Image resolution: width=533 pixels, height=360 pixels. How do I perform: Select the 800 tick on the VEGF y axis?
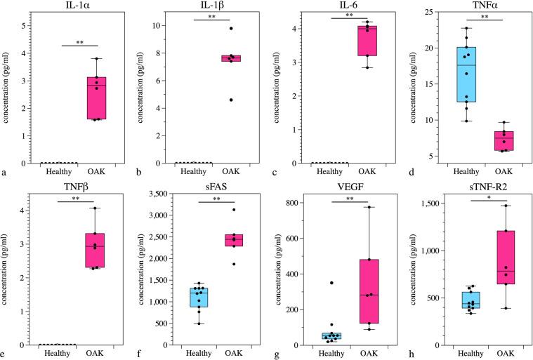[x=287, y=204]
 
